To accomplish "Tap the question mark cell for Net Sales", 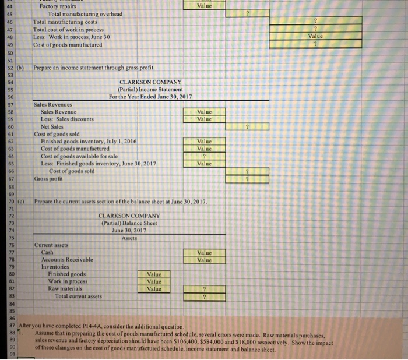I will (247, 126).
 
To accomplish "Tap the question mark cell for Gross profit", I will (247, 178).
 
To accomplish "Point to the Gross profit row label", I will (50, 178).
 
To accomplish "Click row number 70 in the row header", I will (7, 201).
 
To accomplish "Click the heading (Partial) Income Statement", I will (150, 89).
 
